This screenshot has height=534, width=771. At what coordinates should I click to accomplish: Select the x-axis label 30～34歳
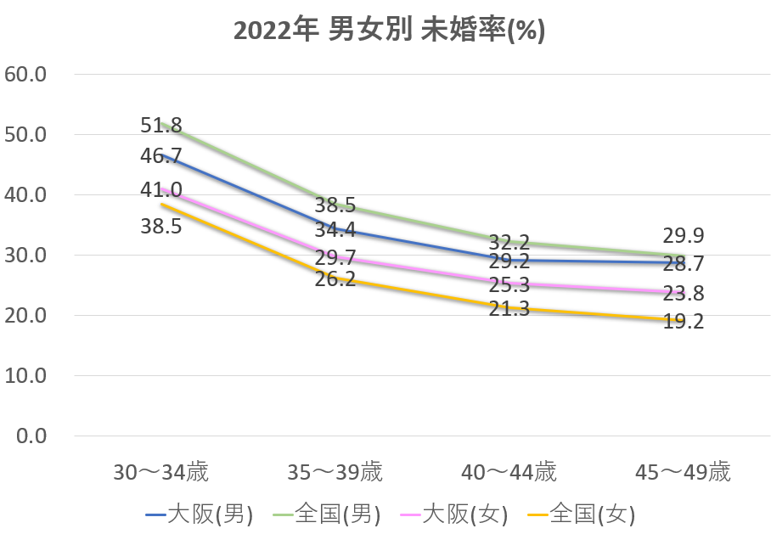[160, 472]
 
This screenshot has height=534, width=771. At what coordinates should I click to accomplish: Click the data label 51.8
[161, 126]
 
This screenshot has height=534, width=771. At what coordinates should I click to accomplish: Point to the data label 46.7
[161, 155]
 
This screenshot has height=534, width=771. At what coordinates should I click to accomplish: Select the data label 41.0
[161, 189]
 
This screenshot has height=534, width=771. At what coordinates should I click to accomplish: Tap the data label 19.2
[683, 322]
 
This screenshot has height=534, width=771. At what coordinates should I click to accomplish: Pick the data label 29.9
[683, 236]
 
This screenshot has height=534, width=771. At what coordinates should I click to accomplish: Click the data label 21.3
[509, 309]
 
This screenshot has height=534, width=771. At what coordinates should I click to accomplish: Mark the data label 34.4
[336, 230]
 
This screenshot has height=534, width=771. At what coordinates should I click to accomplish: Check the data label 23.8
[683, 294]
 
